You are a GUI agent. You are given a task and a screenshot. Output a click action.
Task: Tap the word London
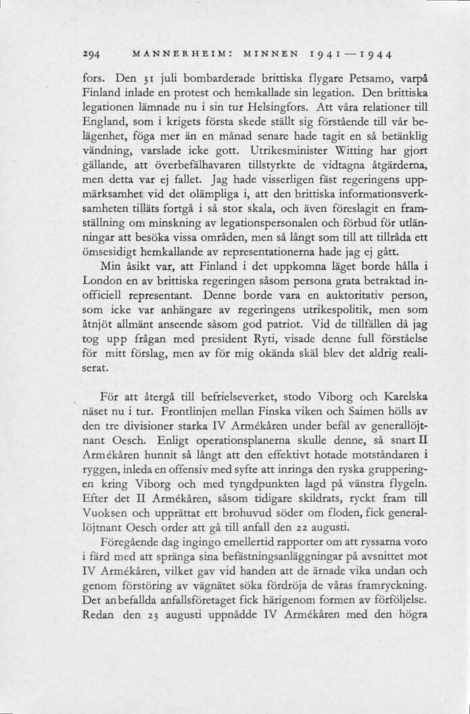(103, 279)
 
